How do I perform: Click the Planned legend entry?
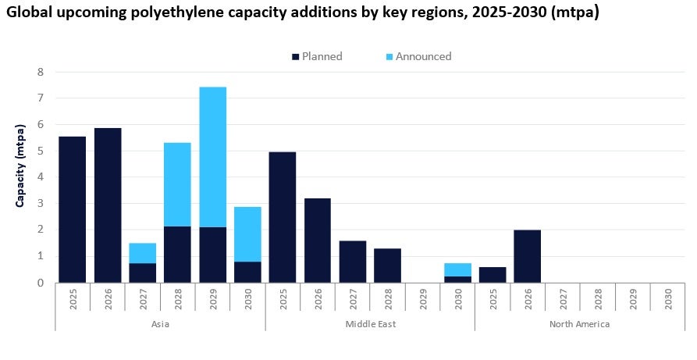[x=316, y=56]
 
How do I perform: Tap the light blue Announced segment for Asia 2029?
[x=212, y=156]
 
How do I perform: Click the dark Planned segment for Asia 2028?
[x=178, y=255]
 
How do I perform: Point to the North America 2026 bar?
[x=527, y=256]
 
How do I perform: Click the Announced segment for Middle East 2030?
[x=457, y=269]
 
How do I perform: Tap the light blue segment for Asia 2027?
[x=143, y=253]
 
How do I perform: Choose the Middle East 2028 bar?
[x=387, y=266]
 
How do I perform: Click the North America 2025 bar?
[x=493, y=275]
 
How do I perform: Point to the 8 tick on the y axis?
[x=41, y=72]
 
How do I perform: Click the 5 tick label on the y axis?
[x=41, y=151]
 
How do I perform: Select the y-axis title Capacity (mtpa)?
[x=21, y=164]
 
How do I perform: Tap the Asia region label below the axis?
[x=160, y=323]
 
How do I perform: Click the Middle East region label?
[x=370, y=323]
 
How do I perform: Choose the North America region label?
[x=579, y=323]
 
